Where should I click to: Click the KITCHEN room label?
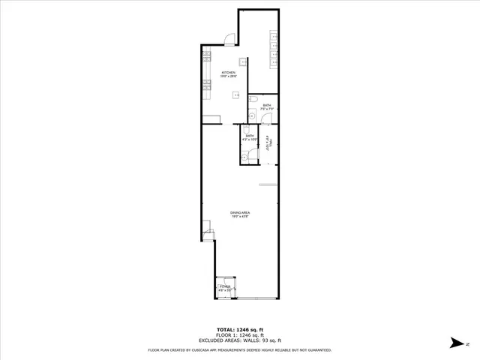click(x=228, y=73)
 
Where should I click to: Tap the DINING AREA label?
click(x=240, y=213)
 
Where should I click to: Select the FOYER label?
click(x=224, y=286)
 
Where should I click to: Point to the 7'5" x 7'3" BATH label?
click(x=266, y=106)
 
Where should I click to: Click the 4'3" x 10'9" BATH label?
click(x=249, y=136)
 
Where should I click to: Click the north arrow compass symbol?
click(x=456, y=342)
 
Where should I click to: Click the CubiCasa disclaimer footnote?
click(x=239, y=349)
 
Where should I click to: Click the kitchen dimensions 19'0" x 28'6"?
click(x=228, y=76)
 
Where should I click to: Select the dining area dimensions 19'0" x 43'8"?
click(x=240, y=217)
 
